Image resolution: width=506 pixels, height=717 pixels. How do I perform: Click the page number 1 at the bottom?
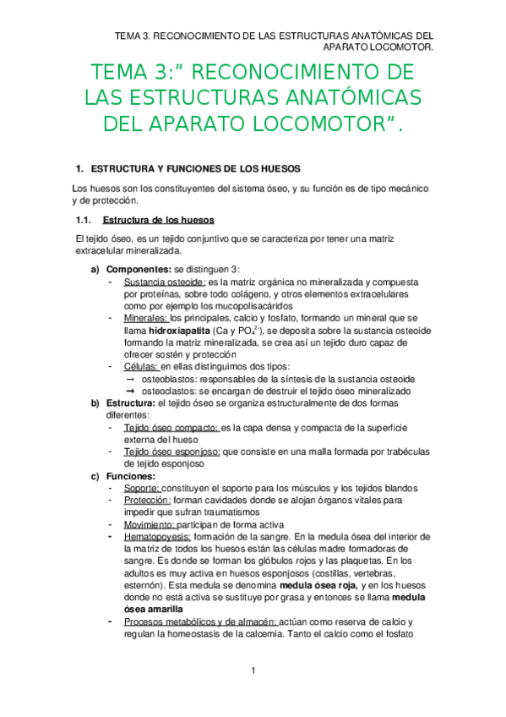[253, 670]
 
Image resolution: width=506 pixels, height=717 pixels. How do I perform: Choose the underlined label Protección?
[146, 500]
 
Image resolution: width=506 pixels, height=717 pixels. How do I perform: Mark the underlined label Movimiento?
[150, 524]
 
